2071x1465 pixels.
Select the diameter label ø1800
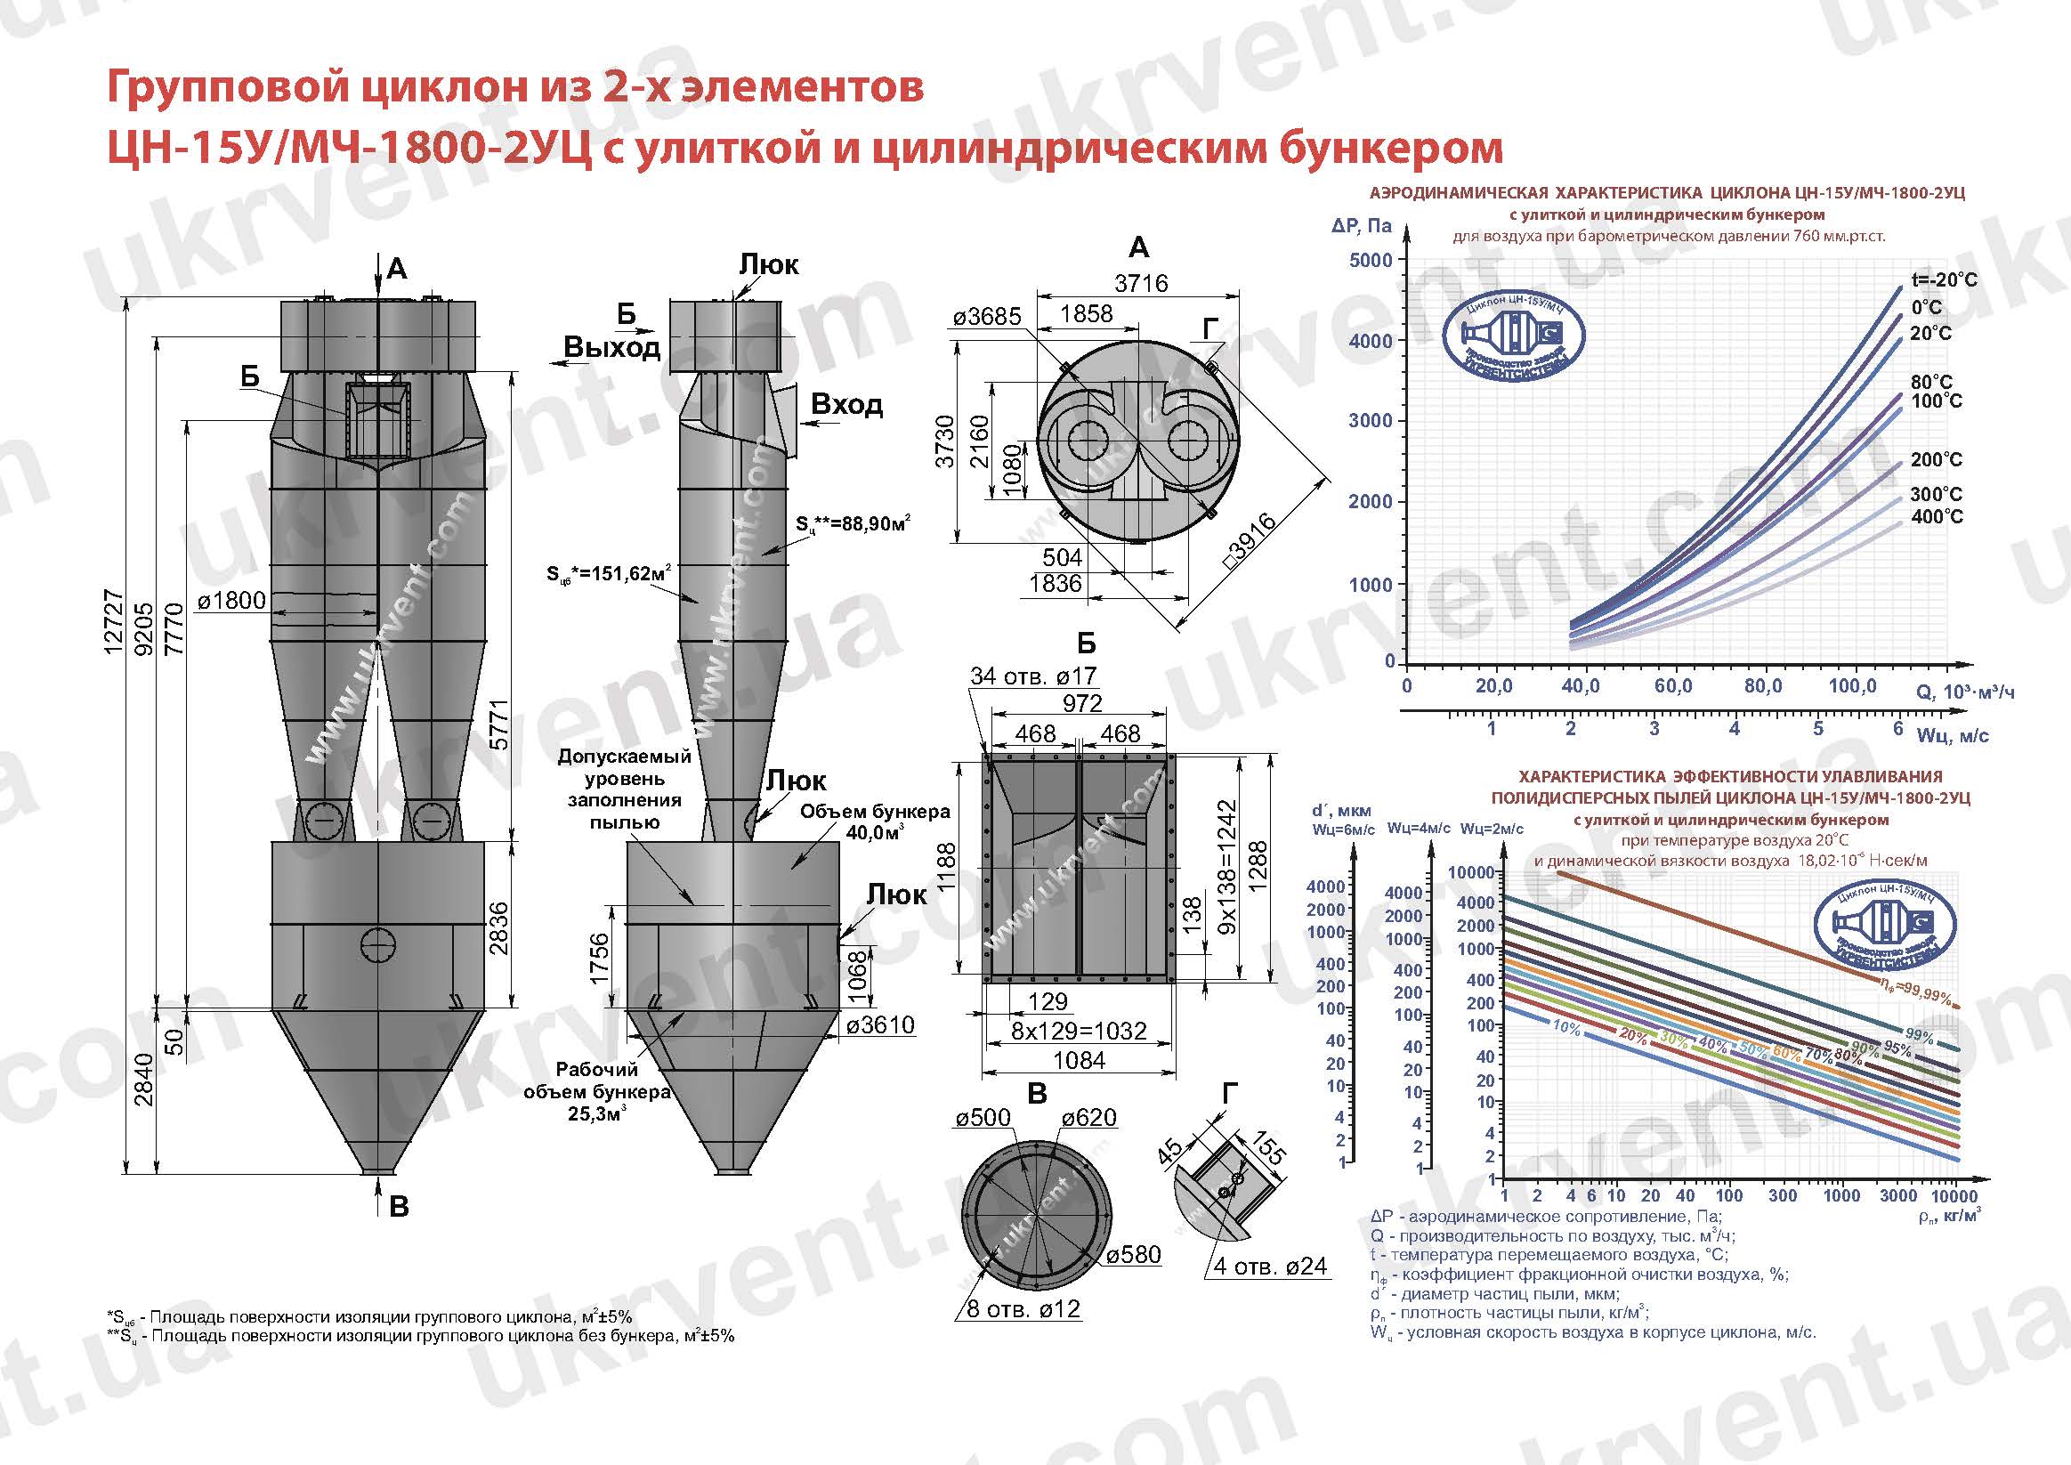coord(231,600)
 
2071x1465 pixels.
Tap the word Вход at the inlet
coord(846,404)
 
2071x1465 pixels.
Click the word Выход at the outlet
coord(611,347)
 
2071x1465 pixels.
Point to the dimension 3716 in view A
coord(1140,283)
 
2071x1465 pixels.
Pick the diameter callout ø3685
coord(987,317)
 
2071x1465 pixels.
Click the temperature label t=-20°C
coord(1944,279)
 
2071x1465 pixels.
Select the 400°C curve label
coord(1936,517)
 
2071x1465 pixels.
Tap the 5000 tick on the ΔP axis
coord(1371,261)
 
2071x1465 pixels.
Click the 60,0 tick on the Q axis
coord(1672,686)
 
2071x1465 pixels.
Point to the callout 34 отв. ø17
coord(1032,676)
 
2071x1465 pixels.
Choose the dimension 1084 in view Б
coord(1079,1061)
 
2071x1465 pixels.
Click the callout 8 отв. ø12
coord(1023,1309)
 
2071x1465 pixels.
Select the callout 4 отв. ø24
coord(1270,1267)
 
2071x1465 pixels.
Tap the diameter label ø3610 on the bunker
coord(880,1024)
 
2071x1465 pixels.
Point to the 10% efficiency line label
coord(1566,1027)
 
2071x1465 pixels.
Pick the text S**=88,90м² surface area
coord(853,523)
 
